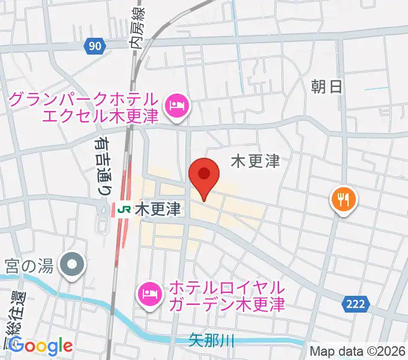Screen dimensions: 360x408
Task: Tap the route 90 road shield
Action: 94,46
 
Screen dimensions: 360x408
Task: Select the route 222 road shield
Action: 355,305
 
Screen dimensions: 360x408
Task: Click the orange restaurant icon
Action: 344,199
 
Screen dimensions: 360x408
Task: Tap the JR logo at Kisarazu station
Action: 125,210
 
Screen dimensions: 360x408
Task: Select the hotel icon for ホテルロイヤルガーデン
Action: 149,293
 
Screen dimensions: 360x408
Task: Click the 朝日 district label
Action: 326,87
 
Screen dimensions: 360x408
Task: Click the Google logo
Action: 40,346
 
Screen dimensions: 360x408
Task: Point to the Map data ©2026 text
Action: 358,352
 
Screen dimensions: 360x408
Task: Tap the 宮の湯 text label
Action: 30,263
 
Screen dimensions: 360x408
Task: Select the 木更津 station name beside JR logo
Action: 158,210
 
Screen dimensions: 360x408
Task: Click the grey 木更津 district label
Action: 256,161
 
